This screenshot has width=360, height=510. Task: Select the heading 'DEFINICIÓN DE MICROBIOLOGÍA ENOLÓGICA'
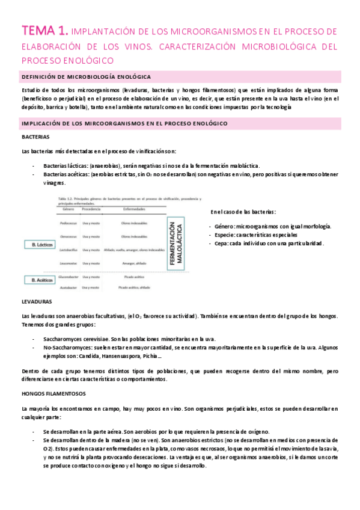86,76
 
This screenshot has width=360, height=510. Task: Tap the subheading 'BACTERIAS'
35,137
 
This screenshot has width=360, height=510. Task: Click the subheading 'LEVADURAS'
36,300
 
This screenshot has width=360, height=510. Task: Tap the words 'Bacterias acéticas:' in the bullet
66,174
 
